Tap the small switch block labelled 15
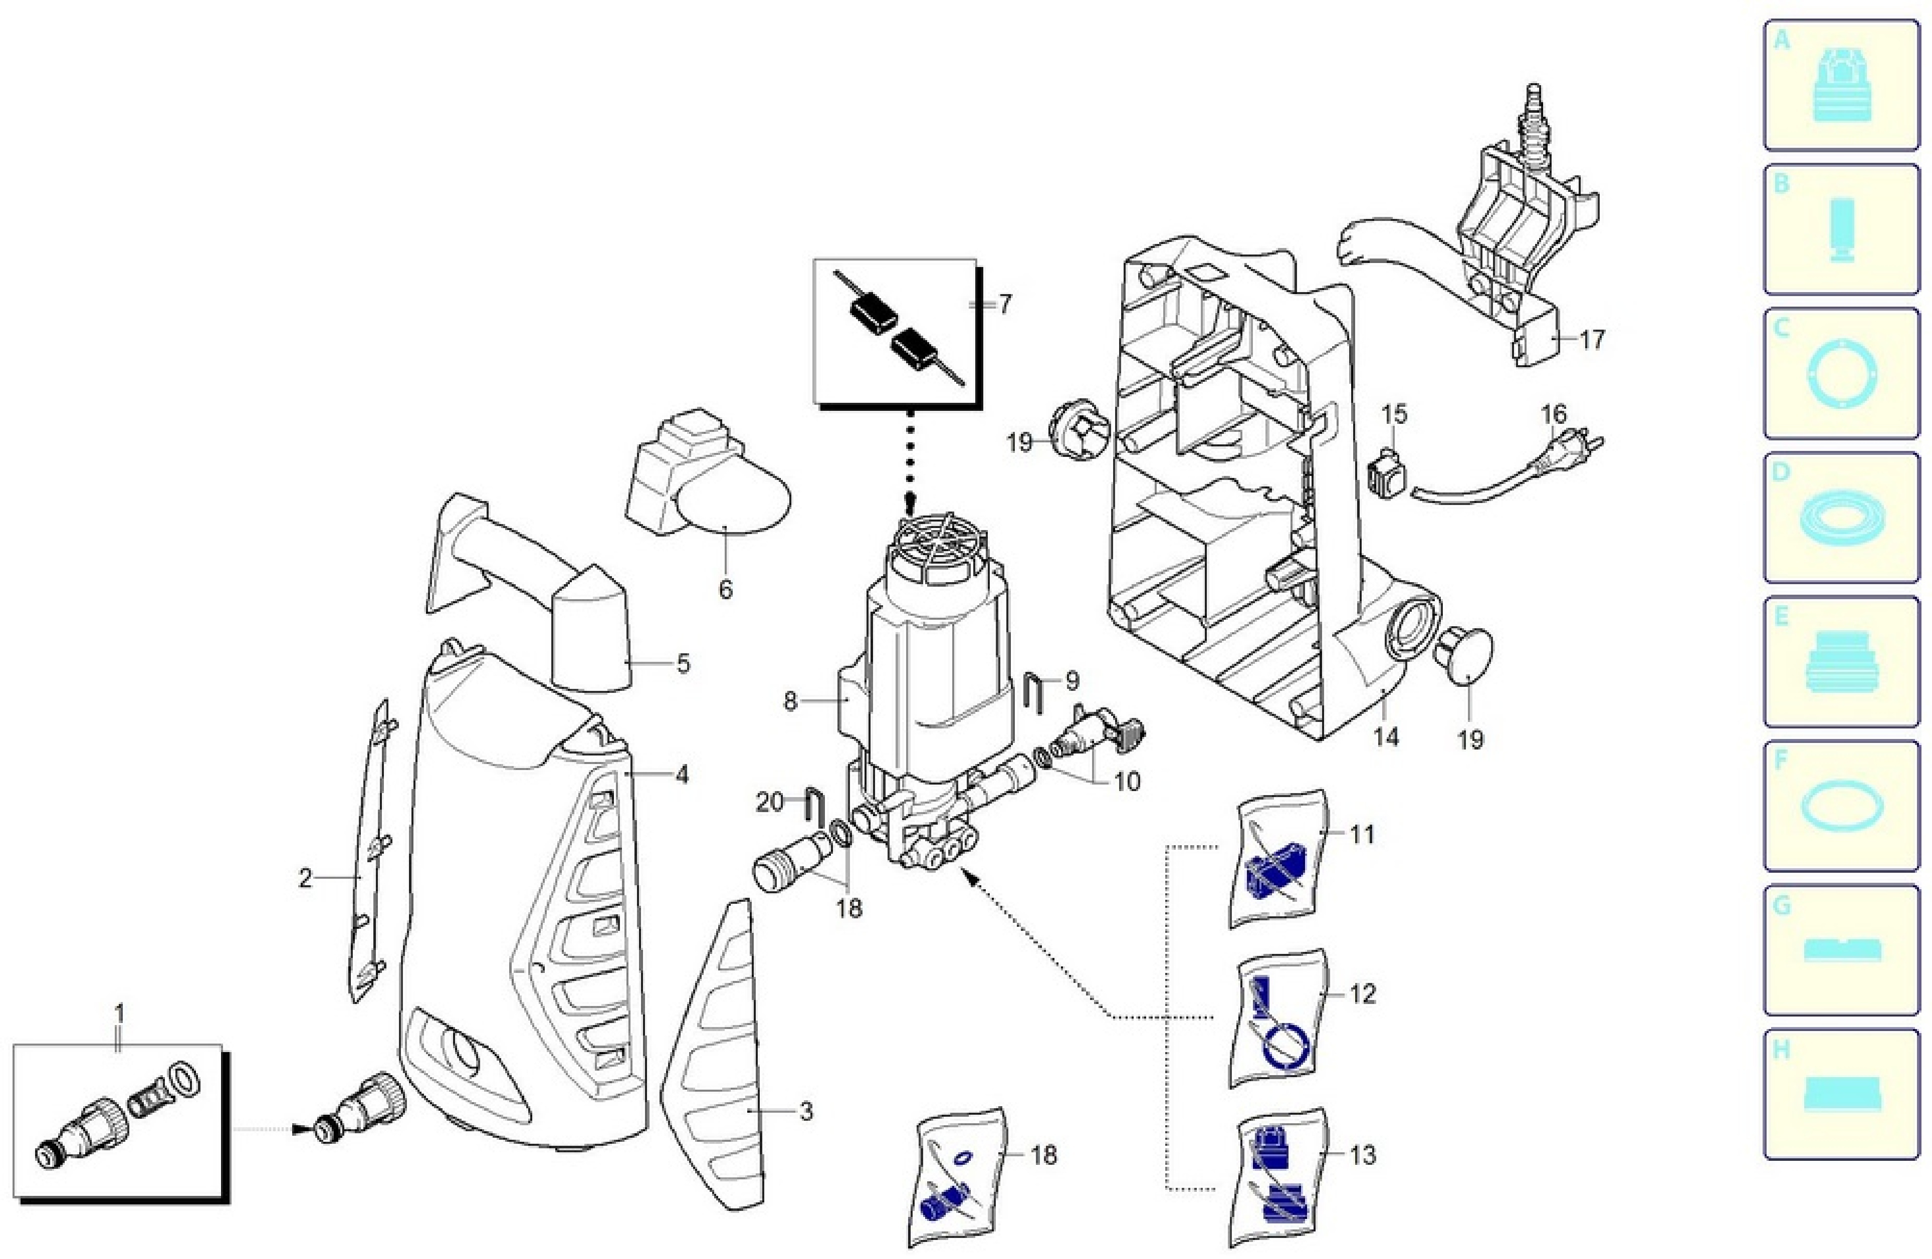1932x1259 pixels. click(1387, 471)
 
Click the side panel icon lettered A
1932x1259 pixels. click(1841, 85)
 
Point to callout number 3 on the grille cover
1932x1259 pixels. click(805, 1111)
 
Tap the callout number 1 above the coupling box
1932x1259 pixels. click(119, 1015)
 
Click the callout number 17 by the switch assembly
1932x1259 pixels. click(1592, 339)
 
